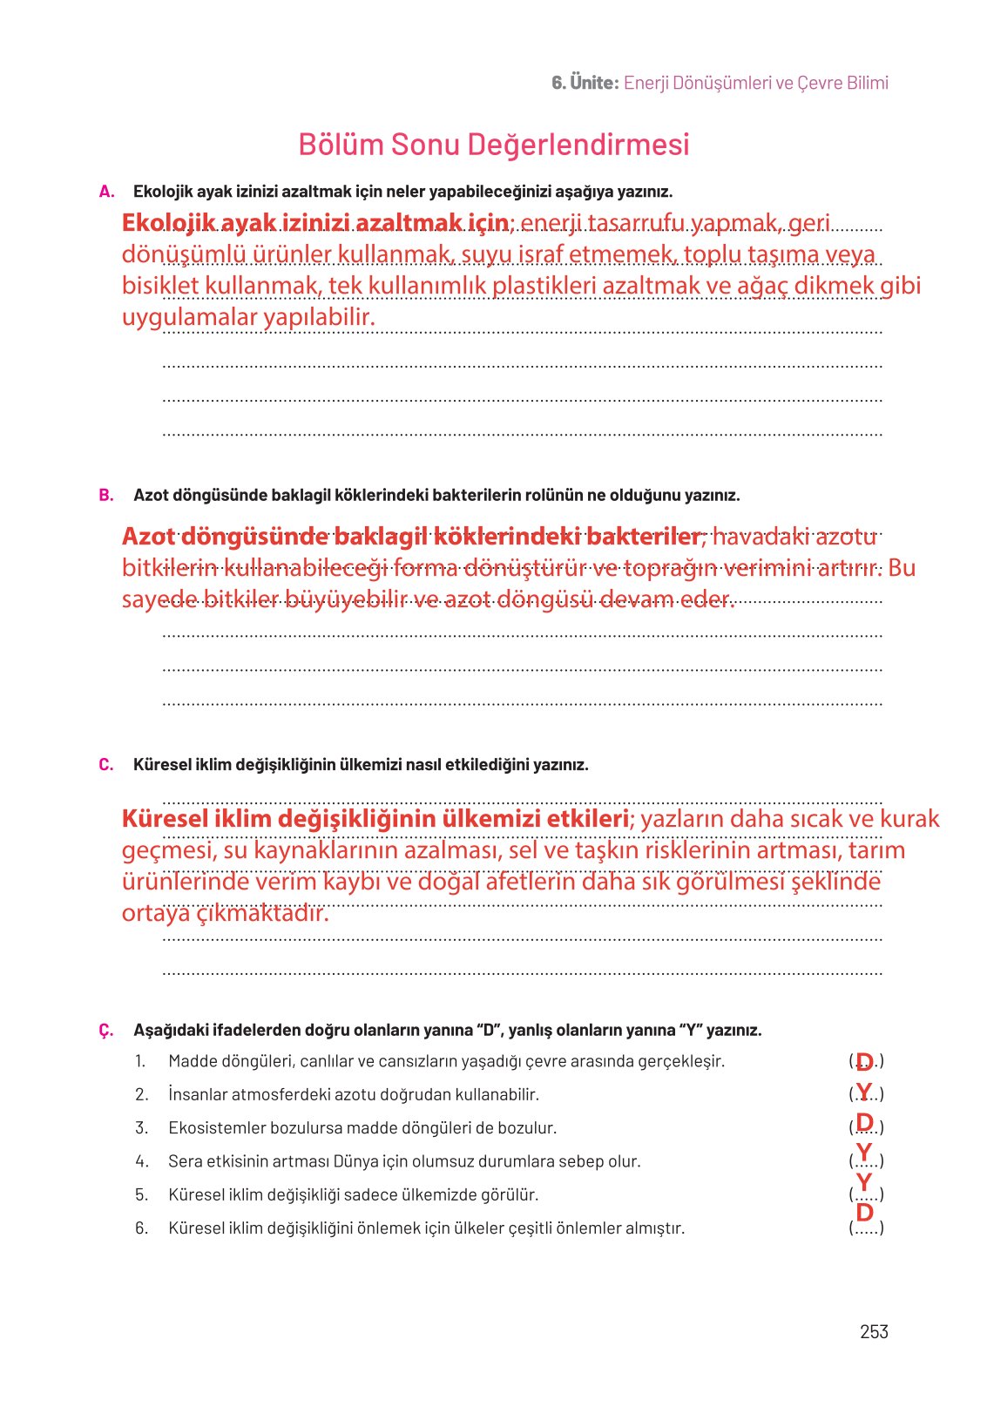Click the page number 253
(x=873, y=1331)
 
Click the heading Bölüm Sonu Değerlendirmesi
(x=493, y=144)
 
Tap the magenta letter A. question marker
(x=106, y=192)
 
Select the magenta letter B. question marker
(x=106, y=496)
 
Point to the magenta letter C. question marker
(x=106, y=765)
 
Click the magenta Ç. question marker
(x=106, y=1031)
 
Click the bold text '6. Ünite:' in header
(x=585, y=83)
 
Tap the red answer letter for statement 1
(x=864, y=1060)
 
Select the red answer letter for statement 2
(x=863, y=1091)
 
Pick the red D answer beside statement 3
(x=864, y=1121)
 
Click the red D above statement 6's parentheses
(x=864, y=1212)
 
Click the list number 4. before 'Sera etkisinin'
(x=141, y=1161)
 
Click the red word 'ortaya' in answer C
(x=155, y=913)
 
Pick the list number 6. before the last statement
(x=141, y=1228)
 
